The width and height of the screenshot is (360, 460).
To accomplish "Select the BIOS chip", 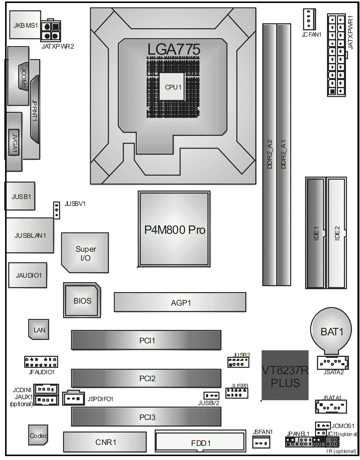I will (82, 300).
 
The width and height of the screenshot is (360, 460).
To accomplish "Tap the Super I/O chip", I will (85, 253).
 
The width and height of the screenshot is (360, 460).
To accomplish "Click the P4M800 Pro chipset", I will (174, 229).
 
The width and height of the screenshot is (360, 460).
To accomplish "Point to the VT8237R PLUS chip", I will (285, 375).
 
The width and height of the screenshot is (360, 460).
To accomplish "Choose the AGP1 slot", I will (180, 302).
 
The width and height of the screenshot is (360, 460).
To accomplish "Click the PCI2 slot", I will (146, 378).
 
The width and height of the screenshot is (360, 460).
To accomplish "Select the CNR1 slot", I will (105, 442).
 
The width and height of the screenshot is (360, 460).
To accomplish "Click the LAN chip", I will (39, 330).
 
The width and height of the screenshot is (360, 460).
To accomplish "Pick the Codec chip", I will (38, 435).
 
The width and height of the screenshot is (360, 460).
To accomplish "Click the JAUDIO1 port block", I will (28, 275).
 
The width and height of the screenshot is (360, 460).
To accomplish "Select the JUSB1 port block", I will (20, 196).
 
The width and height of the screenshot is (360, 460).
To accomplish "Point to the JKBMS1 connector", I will (25, 25).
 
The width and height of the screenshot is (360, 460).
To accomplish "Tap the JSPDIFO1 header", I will (74, 398).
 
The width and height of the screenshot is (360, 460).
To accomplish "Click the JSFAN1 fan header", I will (261, 442).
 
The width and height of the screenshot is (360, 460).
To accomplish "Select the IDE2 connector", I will (337, 233).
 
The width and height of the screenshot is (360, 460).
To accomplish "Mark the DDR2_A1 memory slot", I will (283, 154).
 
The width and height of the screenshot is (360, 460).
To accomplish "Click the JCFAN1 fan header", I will (309, 19).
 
